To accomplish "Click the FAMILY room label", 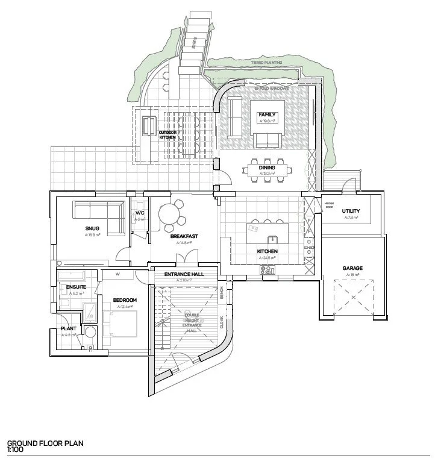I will click(266, 114).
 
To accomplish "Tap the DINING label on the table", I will click(267, 168).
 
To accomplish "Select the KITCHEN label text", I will click(267, 251).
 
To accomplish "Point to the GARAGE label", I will click(352, 268).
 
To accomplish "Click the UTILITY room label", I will click(351, 211).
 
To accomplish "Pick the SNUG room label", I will click(92, 228).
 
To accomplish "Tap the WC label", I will click(139, 213).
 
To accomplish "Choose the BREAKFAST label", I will click(184, 236).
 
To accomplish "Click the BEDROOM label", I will click(125, 300).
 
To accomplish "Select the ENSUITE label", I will click(75, 287).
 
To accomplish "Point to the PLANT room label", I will click(67, 328).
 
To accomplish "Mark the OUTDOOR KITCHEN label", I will click(167, 135).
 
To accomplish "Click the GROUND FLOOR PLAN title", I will click(45, 443).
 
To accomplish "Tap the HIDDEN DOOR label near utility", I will click(329, 205).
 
